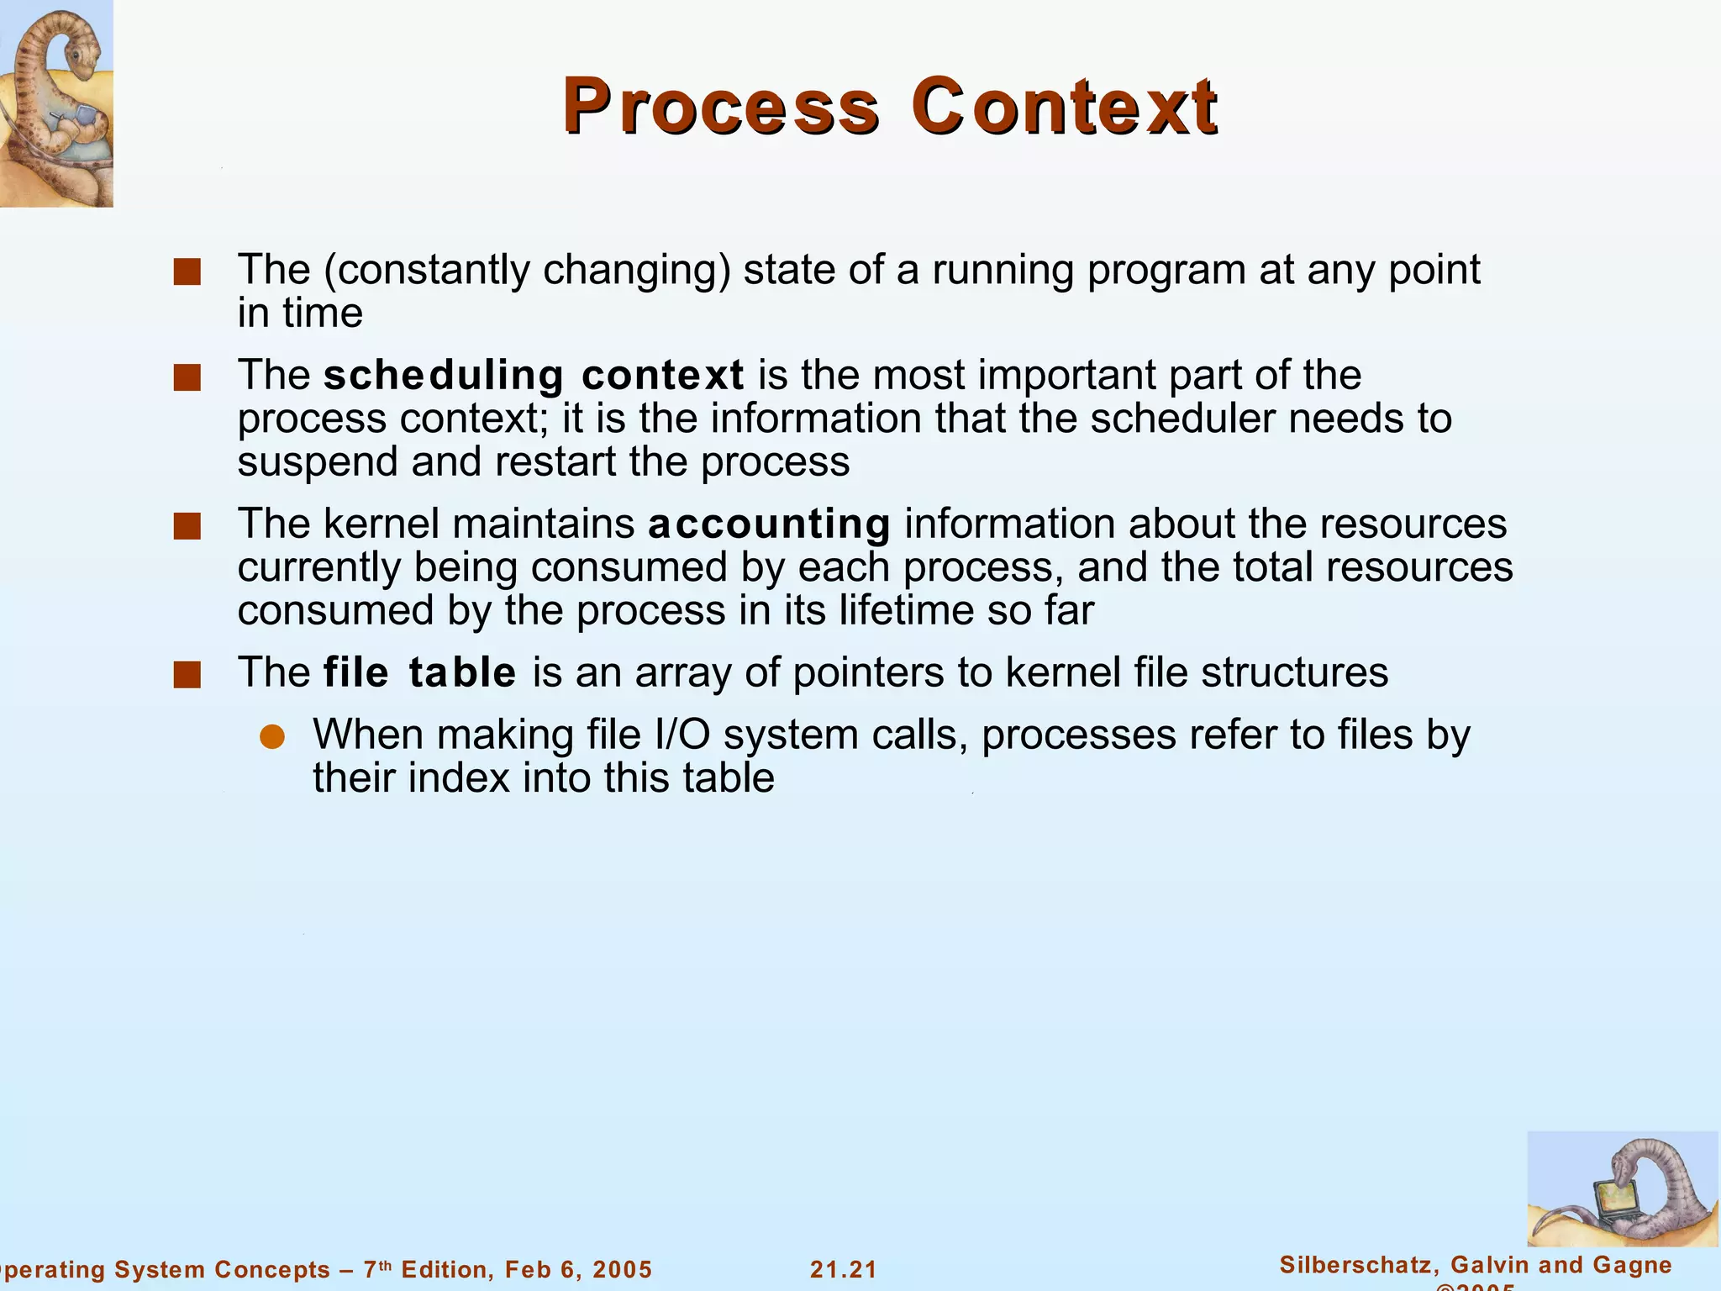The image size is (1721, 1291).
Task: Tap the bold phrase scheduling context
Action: click(x=534, y=375)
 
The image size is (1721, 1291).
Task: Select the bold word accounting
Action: click(x=769, y=524)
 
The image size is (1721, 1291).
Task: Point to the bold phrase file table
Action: click(x=419, y=672)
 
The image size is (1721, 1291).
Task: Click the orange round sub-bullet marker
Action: click(x=272, y=737)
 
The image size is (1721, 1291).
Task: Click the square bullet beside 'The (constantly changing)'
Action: click(x=187, y=272)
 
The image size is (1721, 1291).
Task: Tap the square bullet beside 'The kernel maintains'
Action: click(x=187, y=527)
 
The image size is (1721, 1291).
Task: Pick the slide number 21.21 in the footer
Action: click(x=843, y=1269)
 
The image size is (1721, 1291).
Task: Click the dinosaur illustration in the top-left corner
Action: click(x=55, y=103)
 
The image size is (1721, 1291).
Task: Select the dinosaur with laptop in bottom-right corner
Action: click(x=1622, y=1188)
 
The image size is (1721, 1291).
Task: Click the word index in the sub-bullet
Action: click(x=458, y=777)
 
